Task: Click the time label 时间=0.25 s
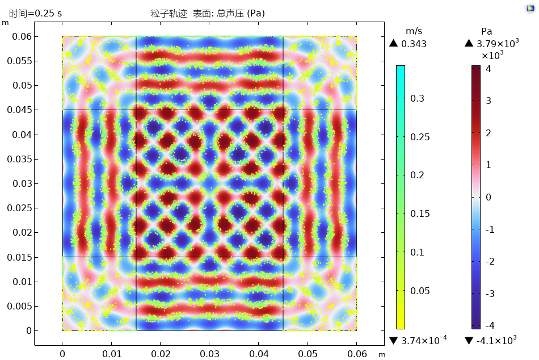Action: click(35, 13)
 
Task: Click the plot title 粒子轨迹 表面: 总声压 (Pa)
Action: click(209, 13)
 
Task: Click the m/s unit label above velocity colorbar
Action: click(414, 32)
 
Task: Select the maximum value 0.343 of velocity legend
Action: click(414, 44)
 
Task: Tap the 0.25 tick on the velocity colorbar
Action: click(420, 137)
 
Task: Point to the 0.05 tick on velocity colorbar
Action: click(420, 291)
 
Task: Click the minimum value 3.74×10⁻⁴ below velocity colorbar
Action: click(424, 340)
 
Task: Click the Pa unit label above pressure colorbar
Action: click(486, 32)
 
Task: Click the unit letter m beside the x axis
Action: click(381, 355)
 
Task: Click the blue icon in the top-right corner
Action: click(530, 8)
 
